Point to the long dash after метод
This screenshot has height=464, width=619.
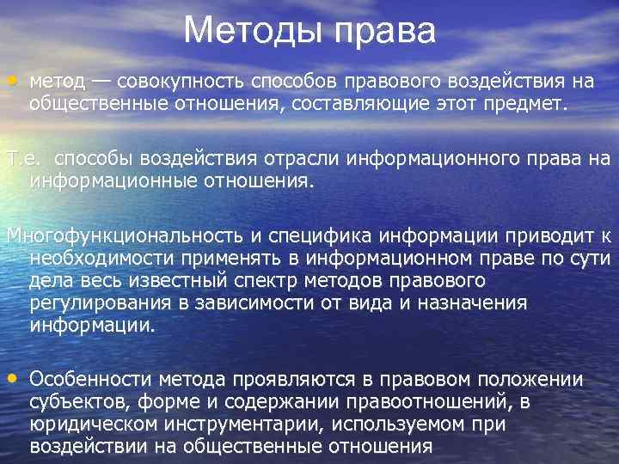[101, 82]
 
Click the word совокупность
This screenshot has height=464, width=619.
[181, 82]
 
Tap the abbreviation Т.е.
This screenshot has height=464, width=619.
[21, 159]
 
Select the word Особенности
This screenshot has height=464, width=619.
[89, 379]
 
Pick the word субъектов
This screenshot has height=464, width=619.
[69, 401]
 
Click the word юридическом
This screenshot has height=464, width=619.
[83, 424]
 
